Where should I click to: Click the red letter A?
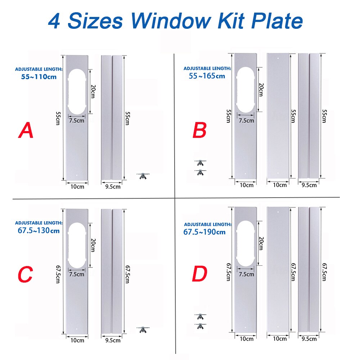click(26, 130)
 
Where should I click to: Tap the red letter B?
click(199, 130)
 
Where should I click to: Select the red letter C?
click(25, 275)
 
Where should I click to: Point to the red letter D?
click(199, 274)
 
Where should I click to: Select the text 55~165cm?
click(207, 76)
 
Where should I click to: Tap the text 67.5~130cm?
click(39, 230)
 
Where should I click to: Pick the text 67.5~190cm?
click(204, 231)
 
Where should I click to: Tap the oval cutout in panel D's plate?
click(246, 245)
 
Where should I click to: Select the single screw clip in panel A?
click(143, 176)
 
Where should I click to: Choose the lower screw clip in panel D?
click(200, 325)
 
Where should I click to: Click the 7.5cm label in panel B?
click(246, 120)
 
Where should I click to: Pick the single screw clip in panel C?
click(143, 329)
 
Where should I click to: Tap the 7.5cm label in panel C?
click(77, 274)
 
